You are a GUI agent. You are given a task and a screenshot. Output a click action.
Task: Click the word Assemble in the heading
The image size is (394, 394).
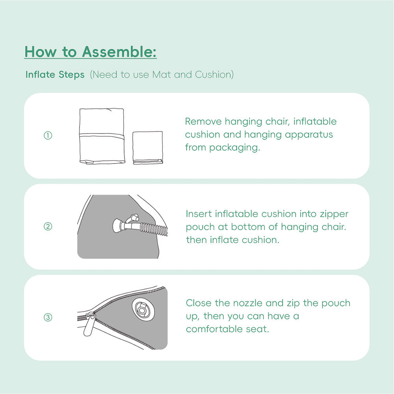[119, 52]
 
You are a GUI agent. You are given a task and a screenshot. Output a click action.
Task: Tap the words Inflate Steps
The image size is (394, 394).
[55, 74]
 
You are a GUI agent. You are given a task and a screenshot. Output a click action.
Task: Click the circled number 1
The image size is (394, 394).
[48, 136]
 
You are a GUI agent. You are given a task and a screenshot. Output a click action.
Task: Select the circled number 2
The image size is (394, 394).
[48, 227]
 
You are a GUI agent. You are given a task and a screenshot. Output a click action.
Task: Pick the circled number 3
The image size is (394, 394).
[48, 318]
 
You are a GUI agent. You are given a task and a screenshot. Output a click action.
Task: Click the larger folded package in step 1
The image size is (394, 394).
[102, 136]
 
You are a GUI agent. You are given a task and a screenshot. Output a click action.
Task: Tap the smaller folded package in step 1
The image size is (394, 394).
[147, 147]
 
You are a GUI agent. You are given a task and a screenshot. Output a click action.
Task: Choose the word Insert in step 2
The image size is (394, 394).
[199, 214]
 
